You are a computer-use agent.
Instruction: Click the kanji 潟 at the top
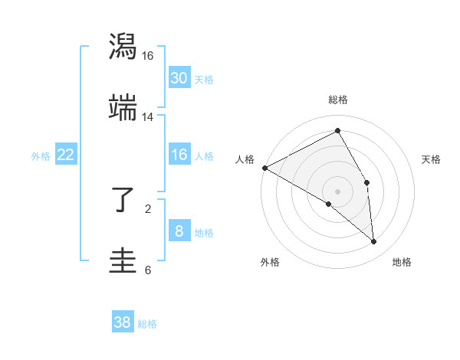(123, 47)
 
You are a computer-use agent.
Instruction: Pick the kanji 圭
(123, 260)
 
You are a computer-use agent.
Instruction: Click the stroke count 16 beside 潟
(148, 56)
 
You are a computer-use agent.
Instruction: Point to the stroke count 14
(148, 116)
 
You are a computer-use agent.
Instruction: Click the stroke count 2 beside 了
(148, 208)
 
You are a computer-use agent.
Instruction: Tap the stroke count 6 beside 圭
(148, 270)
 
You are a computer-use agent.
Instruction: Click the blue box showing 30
(179, 77)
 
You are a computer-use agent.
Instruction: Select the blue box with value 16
(179, 155)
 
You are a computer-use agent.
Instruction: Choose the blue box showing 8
(179, 231)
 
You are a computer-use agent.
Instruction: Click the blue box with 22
(66, 155)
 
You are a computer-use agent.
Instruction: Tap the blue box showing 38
(123, 322)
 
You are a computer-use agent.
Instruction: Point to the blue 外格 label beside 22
(41, 156)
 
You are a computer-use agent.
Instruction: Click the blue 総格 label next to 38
(148, 324)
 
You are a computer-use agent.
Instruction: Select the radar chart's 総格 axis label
(338, 100)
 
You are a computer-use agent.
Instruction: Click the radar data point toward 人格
(264, 168)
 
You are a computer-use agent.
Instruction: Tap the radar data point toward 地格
(374, 241)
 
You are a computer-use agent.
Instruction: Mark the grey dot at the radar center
(338, 191)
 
